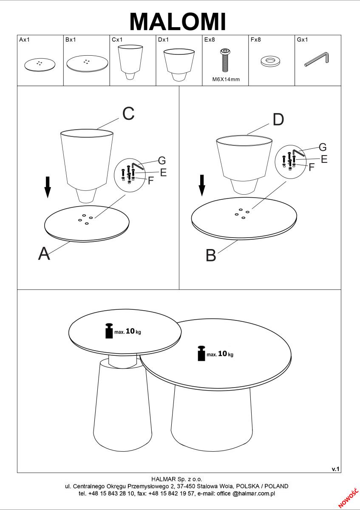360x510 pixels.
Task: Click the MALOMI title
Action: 178,22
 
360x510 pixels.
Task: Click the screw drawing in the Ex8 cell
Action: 225,60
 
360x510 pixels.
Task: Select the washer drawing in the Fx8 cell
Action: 270,61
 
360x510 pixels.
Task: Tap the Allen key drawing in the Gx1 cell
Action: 317,59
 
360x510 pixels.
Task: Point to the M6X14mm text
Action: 226,79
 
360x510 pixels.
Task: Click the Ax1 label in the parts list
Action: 25,40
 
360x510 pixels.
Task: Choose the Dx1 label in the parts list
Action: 163,40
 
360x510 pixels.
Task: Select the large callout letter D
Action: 278,119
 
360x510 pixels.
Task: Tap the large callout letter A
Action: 44,253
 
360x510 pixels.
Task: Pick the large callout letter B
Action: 211,255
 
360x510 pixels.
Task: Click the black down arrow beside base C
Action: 48,187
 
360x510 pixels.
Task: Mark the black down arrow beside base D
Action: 202,185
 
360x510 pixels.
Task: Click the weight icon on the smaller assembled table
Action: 109,331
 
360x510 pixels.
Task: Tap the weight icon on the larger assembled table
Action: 201,353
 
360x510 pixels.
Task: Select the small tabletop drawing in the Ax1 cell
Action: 40,65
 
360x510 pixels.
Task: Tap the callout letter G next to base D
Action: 323,147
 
